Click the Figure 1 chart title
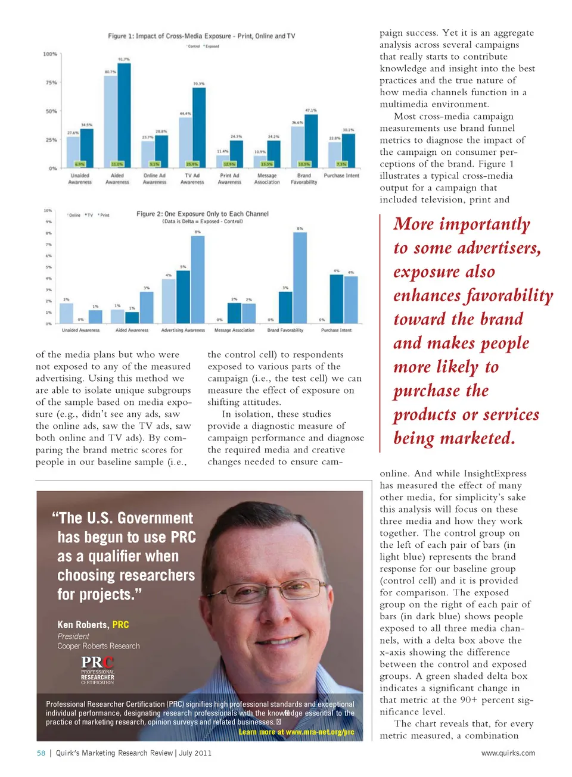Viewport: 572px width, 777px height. click(201, 36)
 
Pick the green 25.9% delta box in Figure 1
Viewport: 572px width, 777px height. click(192, 164)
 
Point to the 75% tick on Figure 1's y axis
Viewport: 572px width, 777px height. click(52, 83)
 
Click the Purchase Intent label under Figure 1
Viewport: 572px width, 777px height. click(341, 176)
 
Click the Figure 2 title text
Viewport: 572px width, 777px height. click(203, 214)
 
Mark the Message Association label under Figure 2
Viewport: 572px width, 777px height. click(234, 330)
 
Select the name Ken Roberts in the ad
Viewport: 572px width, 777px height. click(83, 625)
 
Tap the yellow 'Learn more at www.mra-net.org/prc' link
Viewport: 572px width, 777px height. click(296, 732)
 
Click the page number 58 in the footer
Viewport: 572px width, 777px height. click(41, 753)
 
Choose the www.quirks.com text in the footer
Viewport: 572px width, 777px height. click(508, 753)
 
